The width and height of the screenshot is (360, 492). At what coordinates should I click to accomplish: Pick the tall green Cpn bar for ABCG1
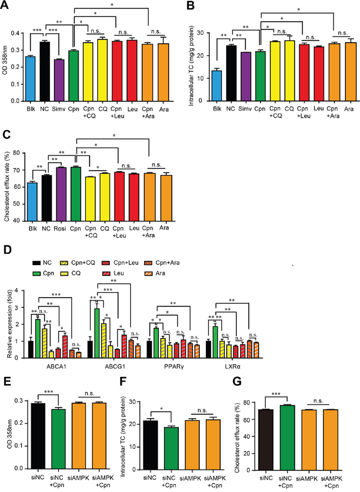pyautogui.click(x=96, y=333)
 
